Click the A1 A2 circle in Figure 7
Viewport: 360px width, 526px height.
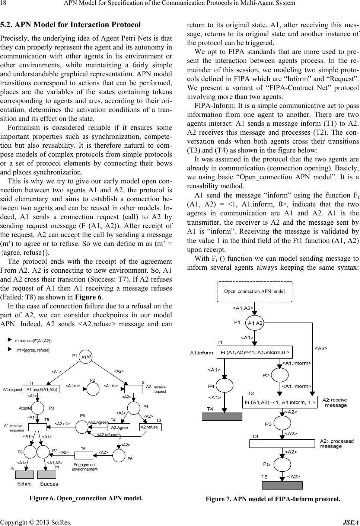(255, 323)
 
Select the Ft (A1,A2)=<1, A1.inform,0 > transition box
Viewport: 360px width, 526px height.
(255, 352)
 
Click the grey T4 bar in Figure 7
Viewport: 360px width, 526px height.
(222, 416)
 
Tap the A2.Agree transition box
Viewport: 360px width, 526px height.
(120, 427)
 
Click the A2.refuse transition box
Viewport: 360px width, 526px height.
(149, 427)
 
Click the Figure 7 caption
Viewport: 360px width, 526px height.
(273, 499)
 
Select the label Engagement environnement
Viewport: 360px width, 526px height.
(85, 467)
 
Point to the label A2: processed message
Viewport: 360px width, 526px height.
(337, 443)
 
